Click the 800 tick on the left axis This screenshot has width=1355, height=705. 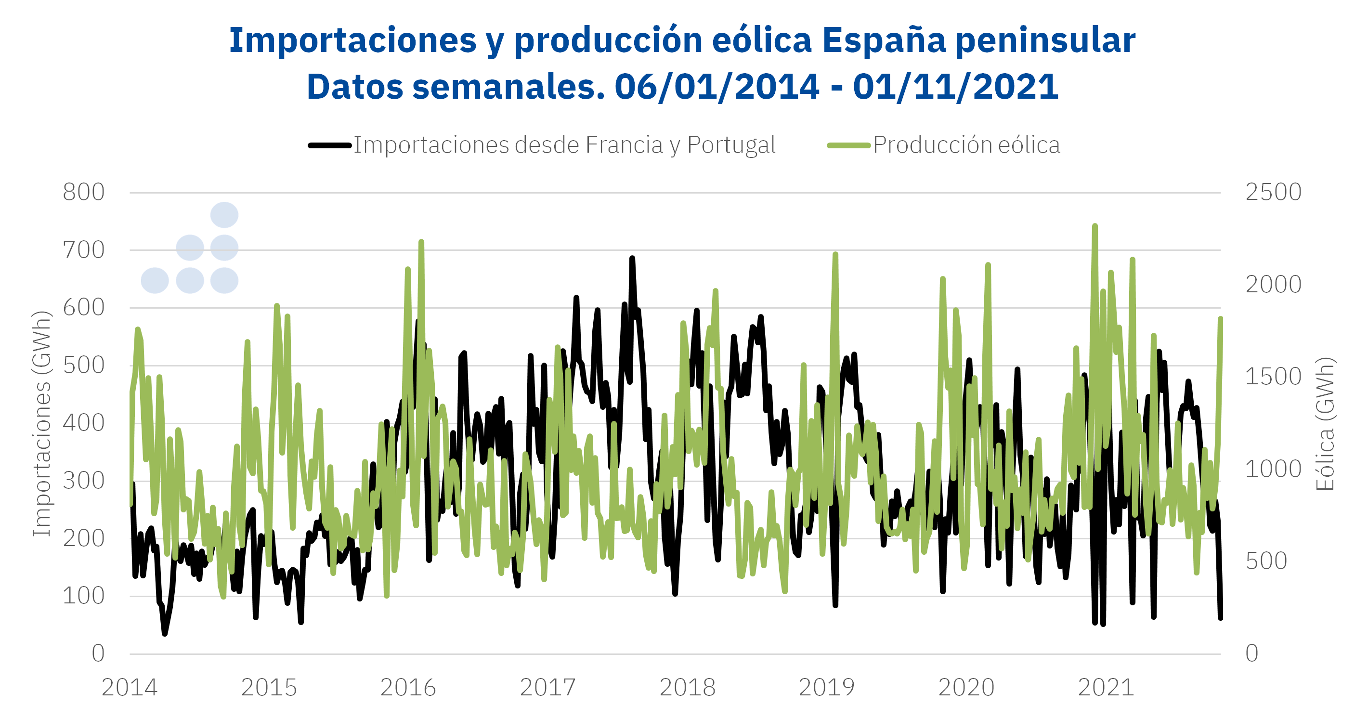coord(84,193)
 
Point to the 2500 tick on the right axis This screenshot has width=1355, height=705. coord(1273,193)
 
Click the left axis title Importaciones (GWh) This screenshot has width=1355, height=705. coord(42,423)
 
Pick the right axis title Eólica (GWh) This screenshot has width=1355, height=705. coord(1325,423)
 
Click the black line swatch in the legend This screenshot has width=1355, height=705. coord(330,146)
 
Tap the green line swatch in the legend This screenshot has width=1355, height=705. coord(848,146)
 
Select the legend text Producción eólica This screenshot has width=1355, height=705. coord(966,145)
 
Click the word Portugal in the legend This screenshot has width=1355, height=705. coord(731,145)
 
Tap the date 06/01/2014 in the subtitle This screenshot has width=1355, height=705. coord(717,87)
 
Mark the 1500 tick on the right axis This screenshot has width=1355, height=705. coord(1273,377)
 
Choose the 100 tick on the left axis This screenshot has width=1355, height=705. coord(84,596)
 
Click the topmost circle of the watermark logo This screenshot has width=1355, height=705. coord(224,215)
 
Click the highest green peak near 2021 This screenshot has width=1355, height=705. coord(1094,227)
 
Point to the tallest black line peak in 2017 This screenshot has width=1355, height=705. coord(632,258)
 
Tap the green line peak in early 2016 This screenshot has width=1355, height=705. coord(421,243)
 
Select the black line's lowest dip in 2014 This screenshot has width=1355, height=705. coord(165,633)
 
